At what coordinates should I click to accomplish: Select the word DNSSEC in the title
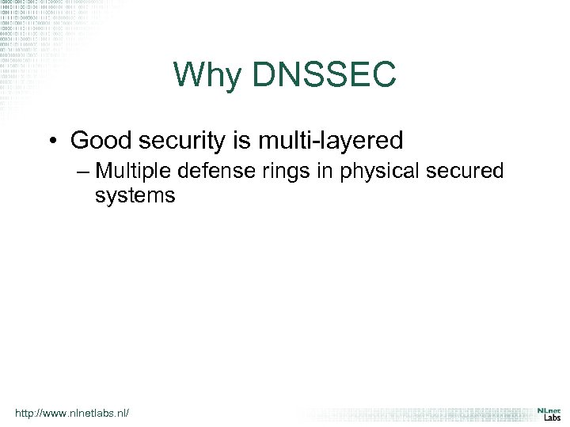pyautogui.click(x=325, y=75)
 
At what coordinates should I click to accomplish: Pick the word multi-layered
pyautogui.click(x=333, y=142)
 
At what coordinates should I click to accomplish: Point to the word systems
pyautogui.click(x=135, y=195)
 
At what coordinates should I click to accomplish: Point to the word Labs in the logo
pyautogui.click(x=551, y=418)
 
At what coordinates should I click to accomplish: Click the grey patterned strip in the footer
pyautogui.click(x=412, y=414)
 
